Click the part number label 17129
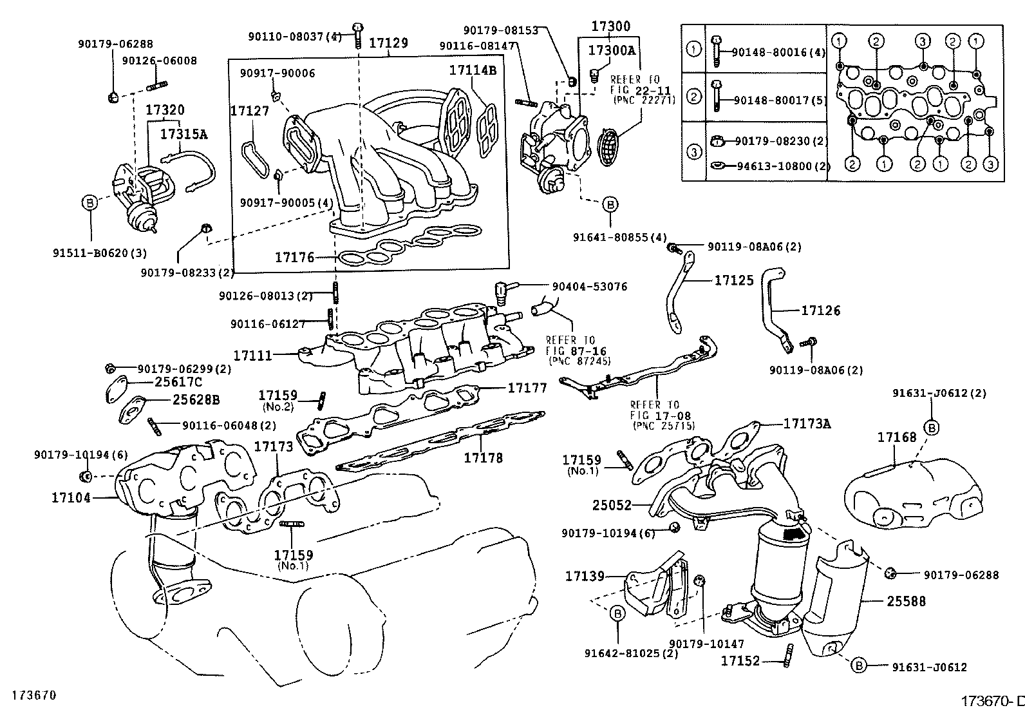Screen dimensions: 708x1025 (388, 43)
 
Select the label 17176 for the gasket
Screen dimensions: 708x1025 (294, 257)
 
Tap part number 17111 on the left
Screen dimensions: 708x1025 (252, 355)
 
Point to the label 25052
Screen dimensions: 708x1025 (612, 506)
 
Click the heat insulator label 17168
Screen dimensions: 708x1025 (896, 437)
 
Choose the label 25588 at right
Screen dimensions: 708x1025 (906, 601)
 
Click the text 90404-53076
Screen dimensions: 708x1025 (589, 286)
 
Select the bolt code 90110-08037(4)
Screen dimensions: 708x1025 (295, 37)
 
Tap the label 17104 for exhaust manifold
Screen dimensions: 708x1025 (71, 497)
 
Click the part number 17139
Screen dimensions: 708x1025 (585, 576)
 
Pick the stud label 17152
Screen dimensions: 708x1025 (740, 661)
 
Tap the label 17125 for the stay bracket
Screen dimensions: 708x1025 (733, 280)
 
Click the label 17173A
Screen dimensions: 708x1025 (807, 423)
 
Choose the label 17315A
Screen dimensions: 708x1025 (183, 134)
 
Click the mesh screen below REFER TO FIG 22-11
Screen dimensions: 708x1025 (610, 147)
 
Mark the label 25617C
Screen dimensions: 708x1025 (178, 381)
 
